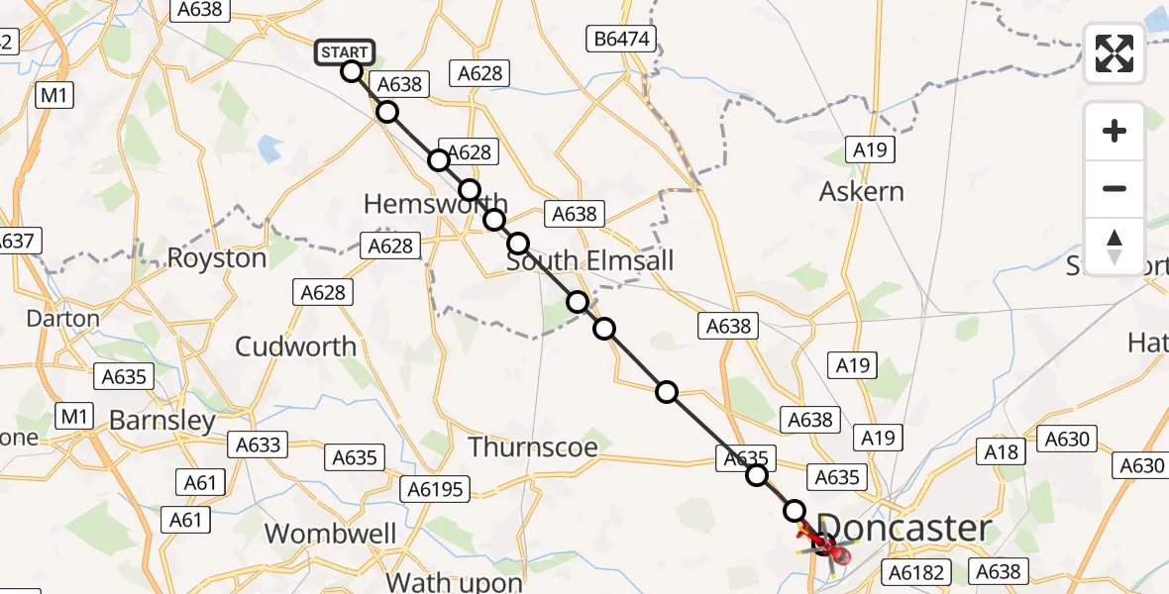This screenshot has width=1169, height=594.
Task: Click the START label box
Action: tap(345, 51)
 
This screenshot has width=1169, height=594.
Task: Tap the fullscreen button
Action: tap(1115, 53)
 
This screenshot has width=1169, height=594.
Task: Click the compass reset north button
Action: tap(1115, 247)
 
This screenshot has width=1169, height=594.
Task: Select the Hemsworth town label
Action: tap(435, 204)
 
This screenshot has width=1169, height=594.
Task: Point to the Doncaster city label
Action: tap(905, 529)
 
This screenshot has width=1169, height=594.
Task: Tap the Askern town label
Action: tap(861, 191)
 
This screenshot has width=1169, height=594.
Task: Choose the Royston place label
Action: tap(217, 258)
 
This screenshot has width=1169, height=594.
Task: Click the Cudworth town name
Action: tap(295, 346)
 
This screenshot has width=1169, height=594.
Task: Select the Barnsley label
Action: tap(161, 421)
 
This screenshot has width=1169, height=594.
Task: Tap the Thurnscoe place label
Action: tap(533, 447)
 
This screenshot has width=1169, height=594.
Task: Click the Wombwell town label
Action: tap(331, 534)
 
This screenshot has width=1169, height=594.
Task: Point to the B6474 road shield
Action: tap(620, 40)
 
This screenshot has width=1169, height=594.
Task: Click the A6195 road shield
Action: tap(437, 488)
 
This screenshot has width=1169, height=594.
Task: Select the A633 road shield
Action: tap(258, 445)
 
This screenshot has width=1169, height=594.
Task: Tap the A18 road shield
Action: tap(1000, 451)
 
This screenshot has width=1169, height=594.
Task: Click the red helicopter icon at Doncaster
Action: tap(827, 542)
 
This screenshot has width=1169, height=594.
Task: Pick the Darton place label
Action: tap(63, 319)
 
